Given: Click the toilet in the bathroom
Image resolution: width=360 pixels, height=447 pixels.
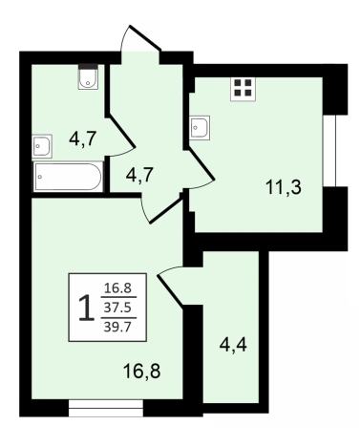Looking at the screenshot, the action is click(x=88, y=76).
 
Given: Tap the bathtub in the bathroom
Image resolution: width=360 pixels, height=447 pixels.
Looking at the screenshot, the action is click(x=68, y=177).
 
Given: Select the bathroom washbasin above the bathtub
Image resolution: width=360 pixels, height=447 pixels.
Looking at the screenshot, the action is click(x=42, y=146).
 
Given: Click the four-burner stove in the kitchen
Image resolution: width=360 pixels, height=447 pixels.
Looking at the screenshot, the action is click(x=244, y=88).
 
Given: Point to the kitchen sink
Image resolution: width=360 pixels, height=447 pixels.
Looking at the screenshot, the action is click(x=200, y=128).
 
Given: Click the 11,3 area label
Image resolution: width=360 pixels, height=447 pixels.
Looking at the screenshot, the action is click(x=284, y=187).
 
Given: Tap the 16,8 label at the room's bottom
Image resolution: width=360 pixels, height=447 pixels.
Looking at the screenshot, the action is click(x=141, y=372).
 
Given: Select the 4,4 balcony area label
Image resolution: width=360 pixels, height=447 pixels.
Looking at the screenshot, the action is click(x=233, y=345).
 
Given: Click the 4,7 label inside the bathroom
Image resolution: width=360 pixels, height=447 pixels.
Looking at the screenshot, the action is click(x=83, y=139).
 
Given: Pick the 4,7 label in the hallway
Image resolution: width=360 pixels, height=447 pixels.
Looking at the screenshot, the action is click(x=139, y=175).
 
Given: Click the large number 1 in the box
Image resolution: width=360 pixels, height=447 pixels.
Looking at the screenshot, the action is click(x=86, y=308).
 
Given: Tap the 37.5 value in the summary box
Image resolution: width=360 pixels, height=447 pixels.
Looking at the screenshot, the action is click(x=118, y=308).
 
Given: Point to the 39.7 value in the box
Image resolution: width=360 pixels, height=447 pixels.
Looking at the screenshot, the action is click(x=117, y=327).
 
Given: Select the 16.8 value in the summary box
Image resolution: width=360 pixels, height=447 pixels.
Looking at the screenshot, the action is click(x=118, y=288).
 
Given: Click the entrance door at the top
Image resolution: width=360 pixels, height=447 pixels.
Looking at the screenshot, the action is click(x=145, y=37).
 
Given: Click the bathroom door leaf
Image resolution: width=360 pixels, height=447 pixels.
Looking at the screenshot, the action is click(x=122, y=132).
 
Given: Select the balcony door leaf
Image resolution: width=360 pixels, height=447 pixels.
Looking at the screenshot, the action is click(x=170, y=291).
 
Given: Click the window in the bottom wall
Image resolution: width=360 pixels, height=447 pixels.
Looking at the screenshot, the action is click(x=106, y=408).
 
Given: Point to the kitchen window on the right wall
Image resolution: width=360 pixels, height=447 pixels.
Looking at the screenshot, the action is click(x=329, y=151).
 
